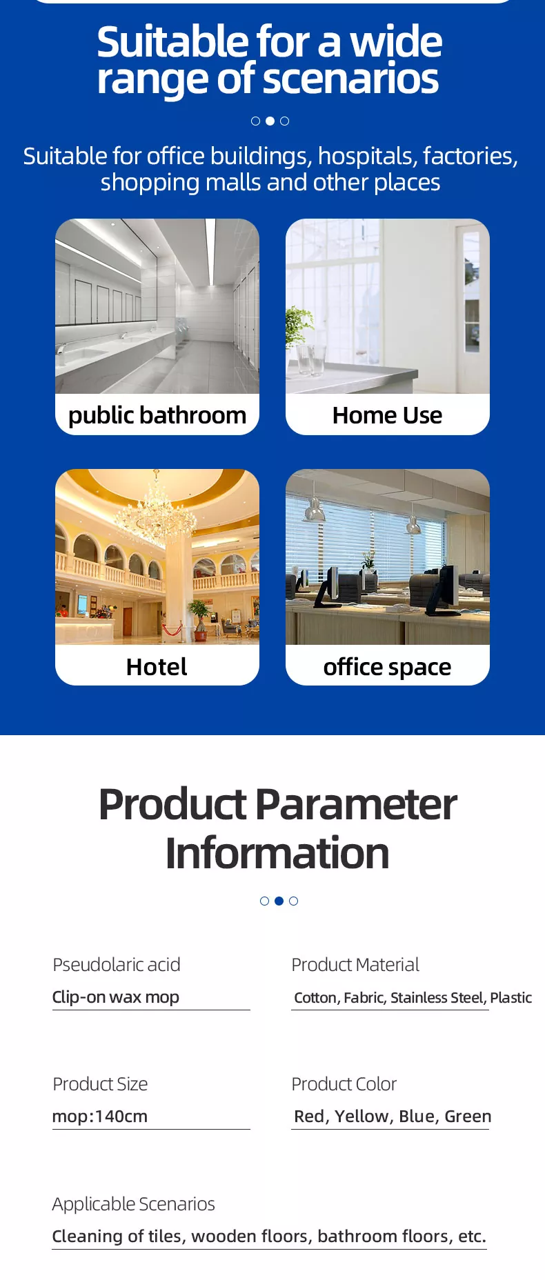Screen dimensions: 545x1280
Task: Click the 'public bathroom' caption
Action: point(157,415)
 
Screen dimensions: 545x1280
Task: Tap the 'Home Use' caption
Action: point(387,415)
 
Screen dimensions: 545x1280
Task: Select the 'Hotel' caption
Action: point(157,667)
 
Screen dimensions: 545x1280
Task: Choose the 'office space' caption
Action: point(387,667)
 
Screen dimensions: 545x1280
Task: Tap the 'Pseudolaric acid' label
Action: point(117,965)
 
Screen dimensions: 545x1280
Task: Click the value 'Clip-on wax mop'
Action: point(116,997)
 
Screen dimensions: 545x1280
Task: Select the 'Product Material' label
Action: point(355,965)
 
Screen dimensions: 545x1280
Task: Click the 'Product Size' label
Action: point(100,1084)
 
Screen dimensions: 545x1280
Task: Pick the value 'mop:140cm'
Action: point(100,1117)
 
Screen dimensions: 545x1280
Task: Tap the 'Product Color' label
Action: point(344,1084)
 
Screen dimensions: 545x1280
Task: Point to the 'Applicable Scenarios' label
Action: point(134,1204)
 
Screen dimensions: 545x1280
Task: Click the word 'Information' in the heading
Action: point(277,853)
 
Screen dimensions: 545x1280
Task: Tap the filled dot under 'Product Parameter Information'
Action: point(279,901)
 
